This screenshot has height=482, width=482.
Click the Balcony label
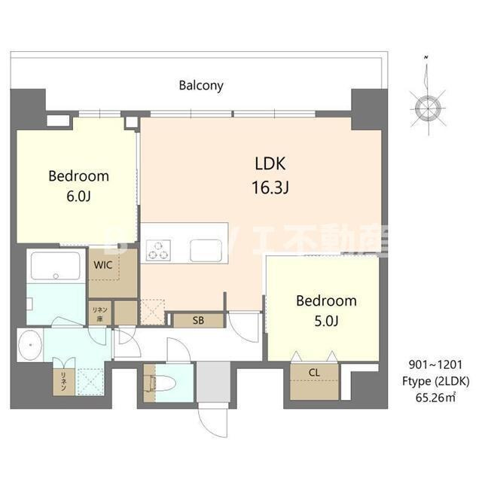click(x=201, y=85)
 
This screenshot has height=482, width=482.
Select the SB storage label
click(x=197, y=320)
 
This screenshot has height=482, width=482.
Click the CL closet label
click(x=314, y=371)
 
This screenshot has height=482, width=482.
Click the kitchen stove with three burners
click(x=160, y=249)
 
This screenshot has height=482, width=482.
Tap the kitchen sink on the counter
click(x=205, y=249)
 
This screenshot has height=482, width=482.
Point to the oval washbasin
click(x=31, y=346)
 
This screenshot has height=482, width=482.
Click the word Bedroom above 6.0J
click(x=78, y=176)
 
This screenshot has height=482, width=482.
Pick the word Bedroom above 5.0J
click(x=325, y=300)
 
